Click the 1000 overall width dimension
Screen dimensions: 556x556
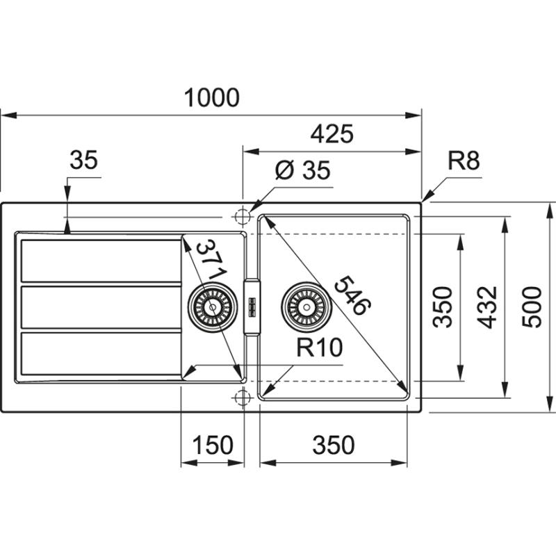tap(212, 98)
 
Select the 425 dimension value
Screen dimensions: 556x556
tap(332, 133)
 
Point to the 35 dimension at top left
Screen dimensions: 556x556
tap(84, 161)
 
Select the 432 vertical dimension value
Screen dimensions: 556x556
tap(488, 306)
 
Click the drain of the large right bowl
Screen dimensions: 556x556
tap(303, 306)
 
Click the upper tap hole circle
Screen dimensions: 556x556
tap(242, 217)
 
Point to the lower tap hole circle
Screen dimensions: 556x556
tap(242, 398)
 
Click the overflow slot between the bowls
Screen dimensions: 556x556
tap(251, 306)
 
